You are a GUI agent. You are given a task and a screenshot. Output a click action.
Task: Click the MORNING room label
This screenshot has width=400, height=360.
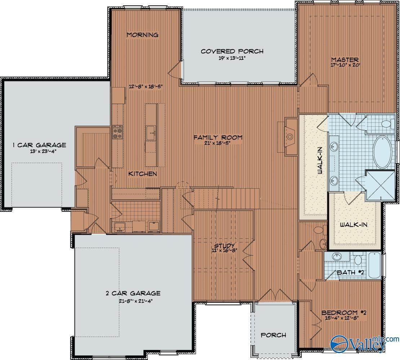click(x=143, y=35)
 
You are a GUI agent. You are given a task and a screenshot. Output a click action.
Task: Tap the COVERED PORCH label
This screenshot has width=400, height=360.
click(x=232, y=51)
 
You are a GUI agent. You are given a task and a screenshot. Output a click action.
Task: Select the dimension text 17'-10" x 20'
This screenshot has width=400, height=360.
click(x=345, y=65)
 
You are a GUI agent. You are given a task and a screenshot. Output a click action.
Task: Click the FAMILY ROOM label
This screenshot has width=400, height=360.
click(x=218, y=138)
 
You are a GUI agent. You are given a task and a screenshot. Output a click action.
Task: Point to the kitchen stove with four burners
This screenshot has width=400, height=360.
click(x=118, y=132)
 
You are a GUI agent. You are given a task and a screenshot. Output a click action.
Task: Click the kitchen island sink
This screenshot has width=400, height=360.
click(x=151, y=133)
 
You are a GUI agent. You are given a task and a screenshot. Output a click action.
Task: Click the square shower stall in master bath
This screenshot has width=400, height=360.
click(x=380, y=185)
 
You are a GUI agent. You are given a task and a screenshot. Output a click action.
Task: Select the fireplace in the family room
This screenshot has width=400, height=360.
click(x=290, y=137)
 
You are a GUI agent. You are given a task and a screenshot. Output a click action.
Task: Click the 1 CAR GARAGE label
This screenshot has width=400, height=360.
click(x=40, y=145)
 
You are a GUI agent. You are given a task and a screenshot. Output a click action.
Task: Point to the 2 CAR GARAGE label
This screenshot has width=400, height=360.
click(x=133, y=293)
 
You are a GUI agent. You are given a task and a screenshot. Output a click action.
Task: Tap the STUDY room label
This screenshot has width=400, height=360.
click(x=225, y=246)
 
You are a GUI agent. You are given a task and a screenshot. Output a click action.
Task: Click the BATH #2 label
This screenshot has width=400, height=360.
click(x=351, y=273)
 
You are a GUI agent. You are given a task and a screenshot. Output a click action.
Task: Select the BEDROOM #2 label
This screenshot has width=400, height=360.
click(x=344, y=312)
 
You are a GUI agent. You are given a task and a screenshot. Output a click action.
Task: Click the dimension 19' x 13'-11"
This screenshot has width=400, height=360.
click(x=232, y=58)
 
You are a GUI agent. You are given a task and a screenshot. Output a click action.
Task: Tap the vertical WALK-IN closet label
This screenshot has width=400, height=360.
click(x=319, y=161)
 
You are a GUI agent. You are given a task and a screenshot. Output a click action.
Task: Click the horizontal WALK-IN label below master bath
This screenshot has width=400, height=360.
click(x=354, y=225)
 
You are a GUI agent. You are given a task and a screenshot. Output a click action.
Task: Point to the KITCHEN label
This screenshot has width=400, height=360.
click(x=143, y=174)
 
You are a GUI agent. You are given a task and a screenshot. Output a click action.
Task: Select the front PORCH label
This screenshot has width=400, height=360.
click(x=274, y=335)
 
